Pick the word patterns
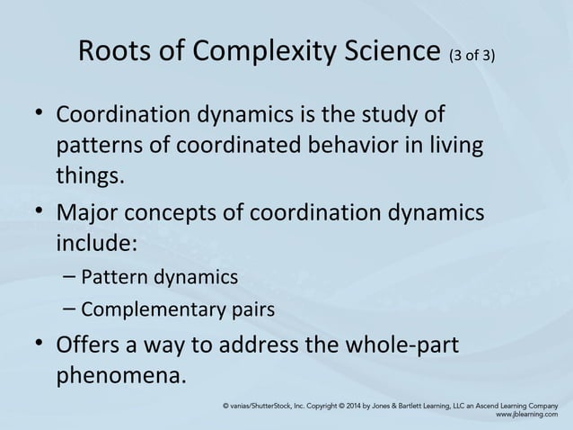coord(96,146)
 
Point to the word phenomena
coord(123,374)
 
